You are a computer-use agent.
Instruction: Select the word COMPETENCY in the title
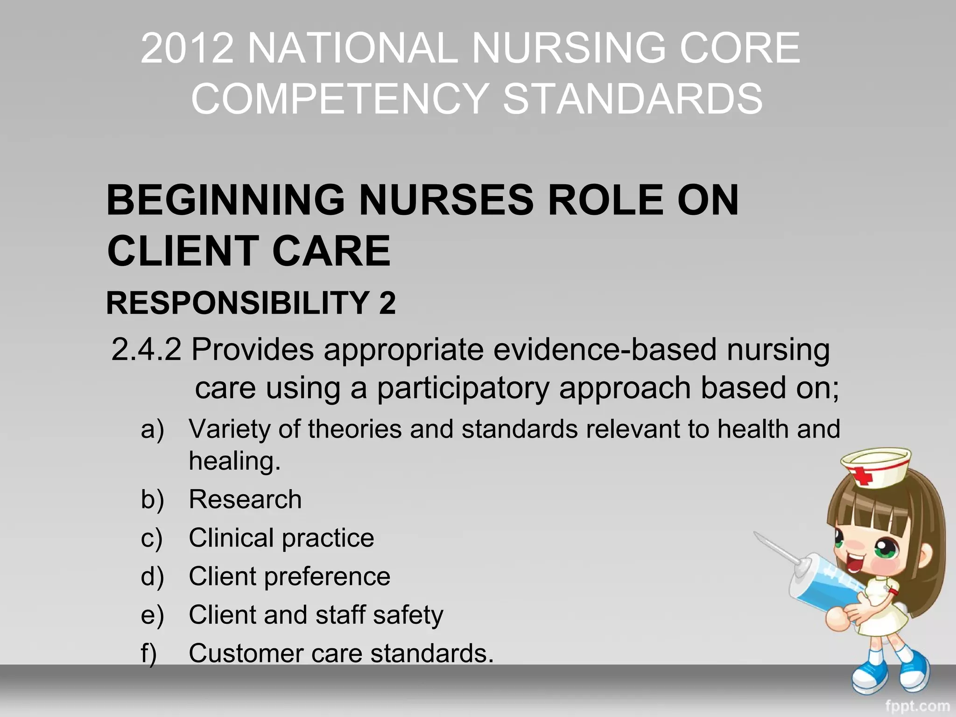point(340,99)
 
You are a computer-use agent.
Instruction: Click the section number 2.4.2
point(146,350)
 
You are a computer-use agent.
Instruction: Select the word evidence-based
point(605,350)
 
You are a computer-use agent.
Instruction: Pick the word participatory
point(463,388)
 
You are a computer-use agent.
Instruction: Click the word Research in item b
point(245,499)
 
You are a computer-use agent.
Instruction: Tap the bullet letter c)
point(152,538)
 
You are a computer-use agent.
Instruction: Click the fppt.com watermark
point(917,706)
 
